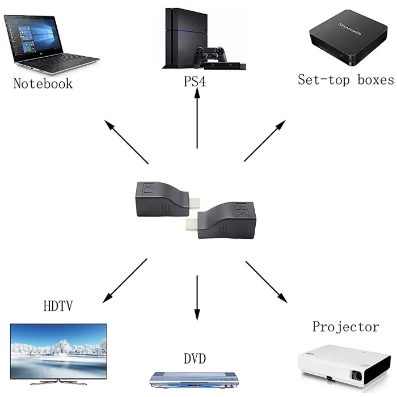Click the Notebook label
43,83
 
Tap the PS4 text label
195,82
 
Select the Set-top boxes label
345,79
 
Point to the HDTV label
58,307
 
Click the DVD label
195,358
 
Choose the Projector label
345,327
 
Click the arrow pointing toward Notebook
127,142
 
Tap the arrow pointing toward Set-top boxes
264,140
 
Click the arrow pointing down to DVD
197,298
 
